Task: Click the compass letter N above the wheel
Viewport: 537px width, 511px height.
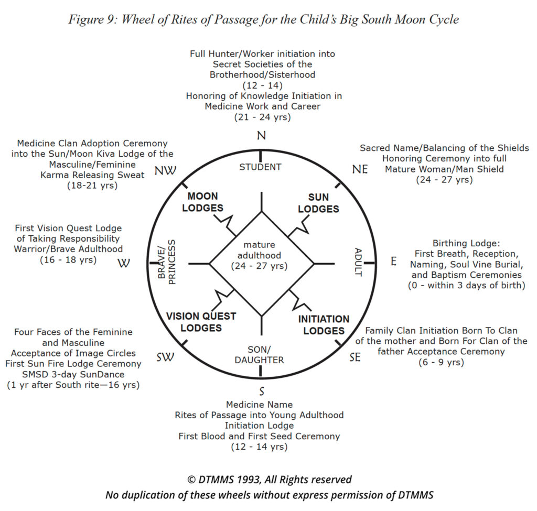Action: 261,135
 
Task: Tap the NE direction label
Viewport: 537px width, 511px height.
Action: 360,169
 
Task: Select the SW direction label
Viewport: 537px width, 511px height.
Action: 165,357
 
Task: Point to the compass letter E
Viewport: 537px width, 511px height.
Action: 393,261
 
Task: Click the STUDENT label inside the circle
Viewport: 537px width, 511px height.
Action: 260,167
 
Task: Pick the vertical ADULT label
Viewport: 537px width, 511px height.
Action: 358,262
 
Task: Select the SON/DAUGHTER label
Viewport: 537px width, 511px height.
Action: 259,355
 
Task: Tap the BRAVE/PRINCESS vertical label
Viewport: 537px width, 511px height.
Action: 167,262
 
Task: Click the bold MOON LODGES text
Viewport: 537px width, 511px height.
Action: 202,202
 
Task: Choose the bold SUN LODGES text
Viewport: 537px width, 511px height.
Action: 318,203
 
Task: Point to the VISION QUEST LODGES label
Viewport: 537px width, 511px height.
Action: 201,322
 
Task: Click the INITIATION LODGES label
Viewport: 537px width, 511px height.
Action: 324,325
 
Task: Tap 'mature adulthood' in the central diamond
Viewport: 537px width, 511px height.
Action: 259,250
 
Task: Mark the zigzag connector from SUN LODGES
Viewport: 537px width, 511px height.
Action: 298,225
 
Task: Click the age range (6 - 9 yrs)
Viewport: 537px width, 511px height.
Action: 441,362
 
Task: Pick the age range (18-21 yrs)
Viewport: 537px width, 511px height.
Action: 92,186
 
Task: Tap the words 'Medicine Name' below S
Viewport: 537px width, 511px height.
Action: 259,405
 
